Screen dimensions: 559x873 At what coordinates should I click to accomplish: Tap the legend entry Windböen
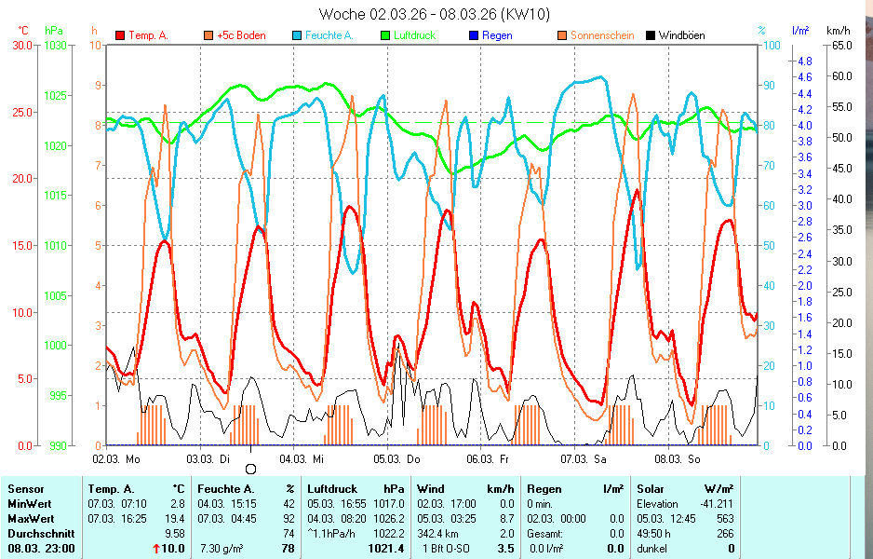pyautogui.click(x=680, y=35)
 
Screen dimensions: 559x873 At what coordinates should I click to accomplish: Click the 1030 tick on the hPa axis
pyautogui.click(x=54, y=45)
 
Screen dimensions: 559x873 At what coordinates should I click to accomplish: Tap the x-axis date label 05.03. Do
pyautogui.click(x=397, y=459)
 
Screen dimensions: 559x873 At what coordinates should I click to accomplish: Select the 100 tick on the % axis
pyautogui.click(x=772, y=45)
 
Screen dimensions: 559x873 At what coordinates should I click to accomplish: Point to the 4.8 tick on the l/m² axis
pyautogui.click(x=803, y=61)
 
